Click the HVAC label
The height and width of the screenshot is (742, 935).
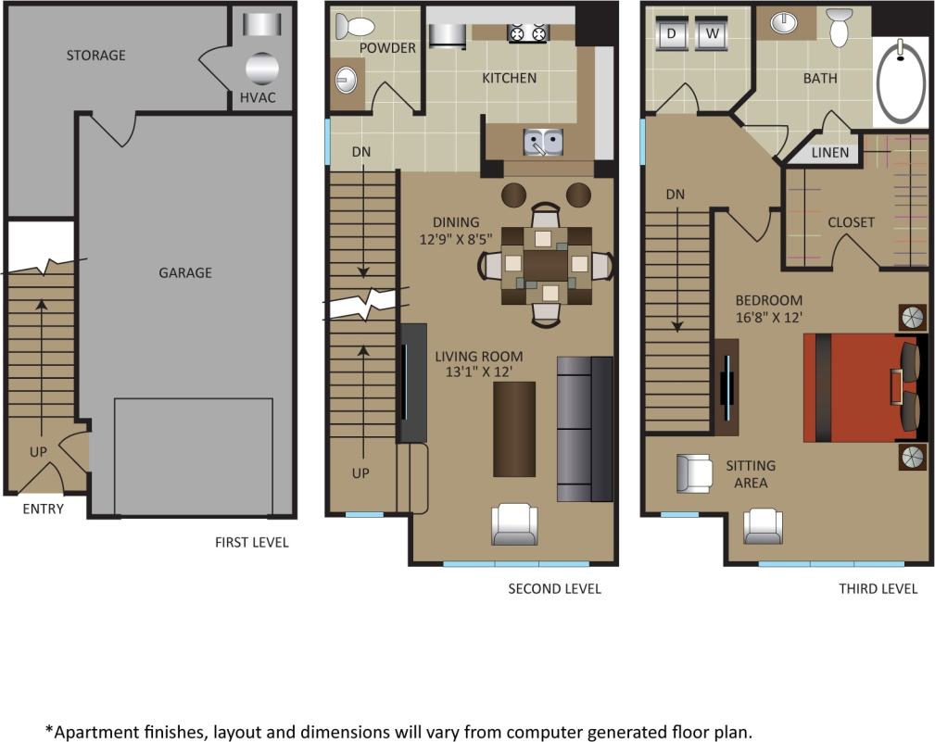(x=258, y=97)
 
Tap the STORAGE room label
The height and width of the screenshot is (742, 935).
(x=95, y=56)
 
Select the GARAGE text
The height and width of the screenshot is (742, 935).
(x=184, y=272)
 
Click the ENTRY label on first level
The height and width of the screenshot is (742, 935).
(x=43, y=509)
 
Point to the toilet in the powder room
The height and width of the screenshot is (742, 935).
(x=355, y=26)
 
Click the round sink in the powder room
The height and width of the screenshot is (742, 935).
(x=346, y=80)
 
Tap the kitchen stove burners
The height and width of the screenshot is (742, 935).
(x=526, y=34)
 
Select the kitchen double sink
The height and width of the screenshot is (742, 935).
(x=542, y=142)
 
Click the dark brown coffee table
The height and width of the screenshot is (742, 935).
(x=514, y=429)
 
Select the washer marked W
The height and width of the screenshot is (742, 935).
(x=711, y=34)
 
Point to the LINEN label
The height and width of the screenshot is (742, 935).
(x=829, y=152)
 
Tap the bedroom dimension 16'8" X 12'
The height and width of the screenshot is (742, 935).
(x=768, y=317)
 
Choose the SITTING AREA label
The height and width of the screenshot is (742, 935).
(x=751, y=474)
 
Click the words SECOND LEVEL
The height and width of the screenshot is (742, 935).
(x=554, y=589)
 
